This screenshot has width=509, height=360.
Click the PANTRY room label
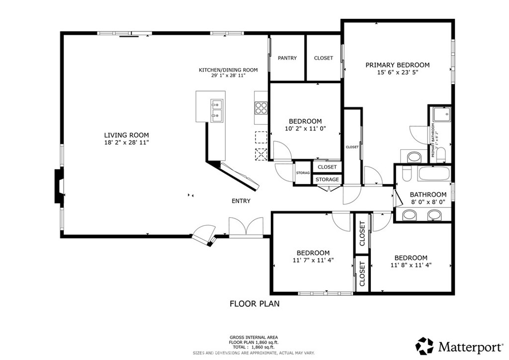click(x=287, y=58)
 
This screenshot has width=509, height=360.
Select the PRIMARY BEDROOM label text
click(x=397, y=65)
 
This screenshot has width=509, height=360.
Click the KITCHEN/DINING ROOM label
click(x=222, y=70)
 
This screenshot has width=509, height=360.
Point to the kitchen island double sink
click(x=217, y=110)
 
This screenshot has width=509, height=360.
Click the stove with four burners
click(x=261, y=108)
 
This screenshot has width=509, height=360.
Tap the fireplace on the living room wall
click(x=59, y=186)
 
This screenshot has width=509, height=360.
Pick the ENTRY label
click(x=241, y=201)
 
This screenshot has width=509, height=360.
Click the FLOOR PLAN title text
click(x=254, y=303)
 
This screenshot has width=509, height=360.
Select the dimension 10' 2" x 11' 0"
click(x=305, y=128)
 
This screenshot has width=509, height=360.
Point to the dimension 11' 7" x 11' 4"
click(x=313, y=260)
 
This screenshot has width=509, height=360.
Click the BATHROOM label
click(x=428, y=194)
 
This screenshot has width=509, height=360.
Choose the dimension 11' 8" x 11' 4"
click(x=411, y=265)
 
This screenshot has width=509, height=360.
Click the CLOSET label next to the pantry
click(x=324, y=58)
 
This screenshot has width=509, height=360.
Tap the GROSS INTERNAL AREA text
click(x=254, y=337)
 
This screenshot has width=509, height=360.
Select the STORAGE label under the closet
click(x=328, y=180)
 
